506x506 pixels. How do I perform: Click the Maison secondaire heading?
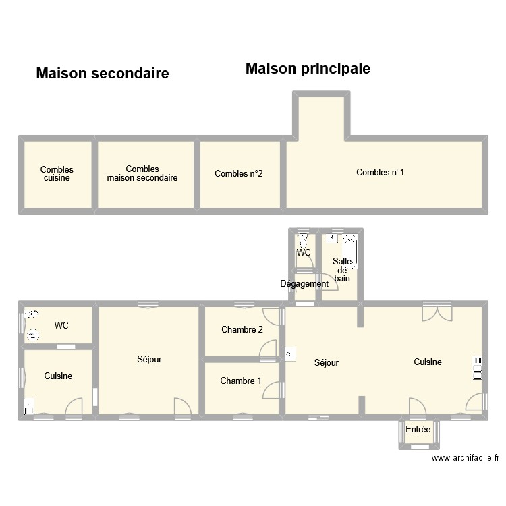tap(103, 74)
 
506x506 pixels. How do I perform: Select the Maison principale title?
tap(308, 69)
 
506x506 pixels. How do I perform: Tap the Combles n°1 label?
tap(380, 172)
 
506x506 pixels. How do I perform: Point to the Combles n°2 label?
tap(238, 173)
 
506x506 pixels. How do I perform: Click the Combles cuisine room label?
tap(57, 173)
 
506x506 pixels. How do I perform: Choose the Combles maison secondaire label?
tap(142, 173)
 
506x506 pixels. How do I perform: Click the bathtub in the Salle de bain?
tap(349, 252)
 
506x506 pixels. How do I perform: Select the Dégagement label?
tap(304, 283)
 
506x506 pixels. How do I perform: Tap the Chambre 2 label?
tap(242, 329)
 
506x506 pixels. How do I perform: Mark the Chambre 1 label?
tap(241, 381)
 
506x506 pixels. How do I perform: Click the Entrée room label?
tap(418, 429)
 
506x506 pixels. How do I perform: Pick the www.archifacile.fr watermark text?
tap(466, 457)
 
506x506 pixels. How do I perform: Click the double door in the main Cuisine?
tap(437, 314)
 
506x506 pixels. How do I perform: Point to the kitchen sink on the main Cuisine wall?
tap(477, 368)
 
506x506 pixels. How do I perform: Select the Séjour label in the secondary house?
tap(149, 359)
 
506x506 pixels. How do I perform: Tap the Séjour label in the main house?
tap(327, 363)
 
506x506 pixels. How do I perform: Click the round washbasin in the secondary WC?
tap(32, 335)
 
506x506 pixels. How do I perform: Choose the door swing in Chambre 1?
tap(271, 390)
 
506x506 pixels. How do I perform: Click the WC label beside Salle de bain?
tap(304, 252)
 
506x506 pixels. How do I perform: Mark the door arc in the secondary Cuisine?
tap(74, 406)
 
